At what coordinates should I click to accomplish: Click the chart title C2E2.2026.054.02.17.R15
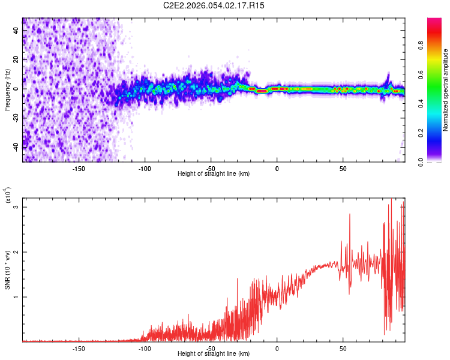[x=214, y=5]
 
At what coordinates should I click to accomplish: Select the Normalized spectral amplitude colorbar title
[x=445, y=90]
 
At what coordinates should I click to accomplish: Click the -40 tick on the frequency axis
[x=16, y=146]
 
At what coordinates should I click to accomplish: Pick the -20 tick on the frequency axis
[x=16, y=117]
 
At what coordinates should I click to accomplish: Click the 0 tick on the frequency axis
[x=16, y=88]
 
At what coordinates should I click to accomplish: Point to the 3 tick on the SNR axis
[x=16, y=207]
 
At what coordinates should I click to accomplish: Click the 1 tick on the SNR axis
[x=16, y=297]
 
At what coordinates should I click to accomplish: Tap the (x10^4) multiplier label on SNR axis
[x=8, y=196]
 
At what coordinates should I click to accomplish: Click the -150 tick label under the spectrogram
[x=79, y=169]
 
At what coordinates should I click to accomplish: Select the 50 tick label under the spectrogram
[x=343, y=169]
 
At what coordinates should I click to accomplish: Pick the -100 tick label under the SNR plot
[x=145, y=349]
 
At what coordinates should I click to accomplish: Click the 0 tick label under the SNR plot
[x=277, y=349]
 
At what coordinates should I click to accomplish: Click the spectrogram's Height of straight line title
[x=214, y=174]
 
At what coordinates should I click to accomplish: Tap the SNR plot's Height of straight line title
[x=214, y=354]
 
